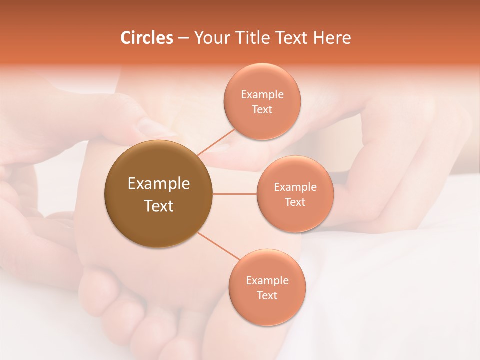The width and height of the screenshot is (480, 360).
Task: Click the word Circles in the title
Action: tap(147, 38)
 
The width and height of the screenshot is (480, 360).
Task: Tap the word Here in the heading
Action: tap(331, 38)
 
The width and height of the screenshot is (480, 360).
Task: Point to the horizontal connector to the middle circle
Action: tap(235, 194)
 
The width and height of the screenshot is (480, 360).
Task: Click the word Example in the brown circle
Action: tap(159, 184)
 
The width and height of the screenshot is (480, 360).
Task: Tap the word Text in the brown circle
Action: tap(159, 206)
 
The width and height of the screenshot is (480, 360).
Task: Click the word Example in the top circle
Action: tap(262, 95)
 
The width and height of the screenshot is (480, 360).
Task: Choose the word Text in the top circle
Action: tap(262, 110)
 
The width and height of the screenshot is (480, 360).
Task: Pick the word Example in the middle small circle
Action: tap(295, 187)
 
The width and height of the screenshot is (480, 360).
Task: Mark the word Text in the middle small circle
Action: tap(295, 202)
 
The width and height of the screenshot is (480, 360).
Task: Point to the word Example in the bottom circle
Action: tap(267, 281)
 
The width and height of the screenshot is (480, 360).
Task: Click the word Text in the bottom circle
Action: tap(267, 296)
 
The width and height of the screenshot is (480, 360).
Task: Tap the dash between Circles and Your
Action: tap(183, 38)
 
